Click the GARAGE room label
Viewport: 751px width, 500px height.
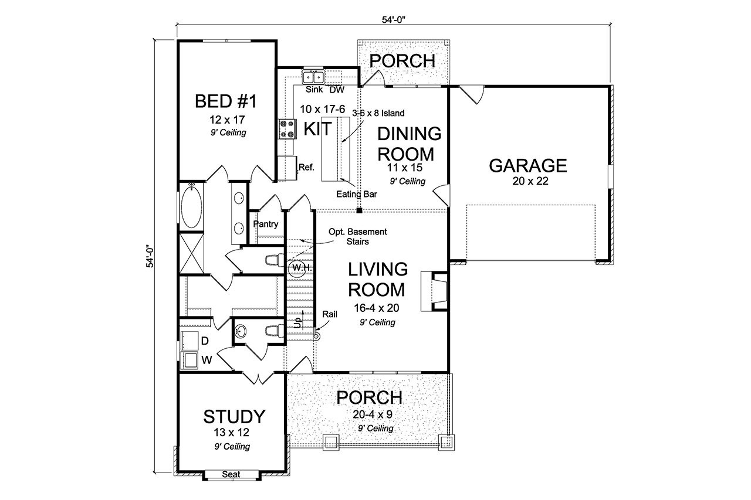point(528,166)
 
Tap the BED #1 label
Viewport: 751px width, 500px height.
point(226,102)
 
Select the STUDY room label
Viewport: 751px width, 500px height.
point(234,417)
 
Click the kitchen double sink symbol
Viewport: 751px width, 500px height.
point(313,77)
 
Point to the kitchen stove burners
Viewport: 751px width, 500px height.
point(287,129)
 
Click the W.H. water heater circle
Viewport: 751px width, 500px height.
point(297,267)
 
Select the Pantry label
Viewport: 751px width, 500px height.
point(265,225)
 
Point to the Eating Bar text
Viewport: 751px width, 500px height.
point(356,194)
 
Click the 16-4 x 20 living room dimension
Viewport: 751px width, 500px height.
point(377,309)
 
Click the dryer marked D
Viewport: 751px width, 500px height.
point(189,339)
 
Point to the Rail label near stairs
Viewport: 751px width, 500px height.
point(330,315)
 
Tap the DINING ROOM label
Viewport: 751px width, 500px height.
point(409,144)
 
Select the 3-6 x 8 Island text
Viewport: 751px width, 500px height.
point(378,113)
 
